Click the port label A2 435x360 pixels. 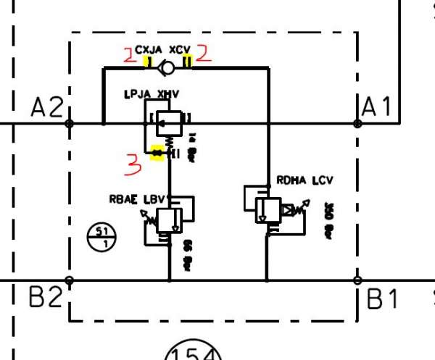pyautogui.click(x=46, y=108)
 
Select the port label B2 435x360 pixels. pyautogui.click(x=45, y=298)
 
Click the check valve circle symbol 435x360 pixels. pyautogui.click(x=167, y=69)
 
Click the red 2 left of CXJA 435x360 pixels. pyautogui.click(x=130, y=54)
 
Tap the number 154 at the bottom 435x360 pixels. pyautogui.click(x=191, y=353)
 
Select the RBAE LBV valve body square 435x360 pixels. pyautogui.click(x=169, y=219)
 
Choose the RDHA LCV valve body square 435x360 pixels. pyautogui.click(x=268, y=209)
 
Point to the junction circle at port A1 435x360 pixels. pyautogui.click(x=357, y=123)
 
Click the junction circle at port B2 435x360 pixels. pyautogui.click(x=70, y=280)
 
